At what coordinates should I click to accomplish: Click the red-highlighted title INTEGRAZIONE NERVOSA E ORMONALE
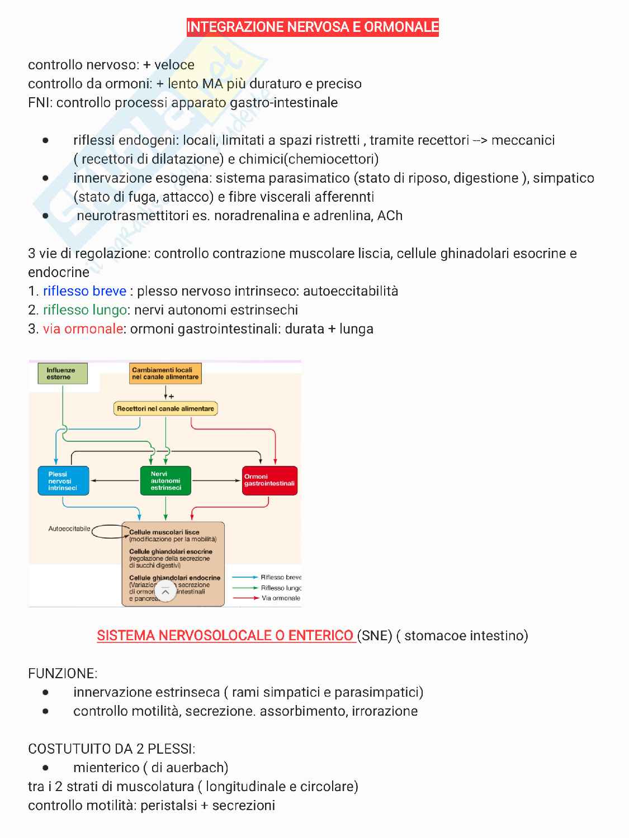[313, 27]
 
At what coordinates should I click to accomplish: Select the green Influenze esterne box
[63, 374]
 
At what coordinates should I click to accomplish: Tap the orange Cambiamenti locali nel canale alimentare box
[165, 374]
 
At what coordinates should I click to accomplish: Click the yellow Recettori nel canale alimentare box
[165, 409]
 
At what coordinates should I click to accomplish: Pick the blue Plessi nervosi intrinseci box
[62, 481]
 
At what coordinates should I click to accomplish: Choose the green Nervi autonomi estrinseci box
[165, 481]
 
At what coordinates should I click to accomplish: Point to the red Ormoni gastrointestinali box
[269, 481]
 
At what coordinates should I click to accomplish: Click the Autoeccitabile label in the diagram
[69, 528]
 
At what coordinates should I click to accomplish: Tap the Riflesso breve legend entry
[281, 577]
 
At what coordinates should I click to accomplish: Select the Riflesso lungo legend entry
[281, 588]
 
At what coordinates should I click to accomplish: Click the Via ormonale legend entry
[281, 598]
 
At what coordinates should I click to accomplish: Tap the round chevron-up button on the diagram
[165, 592]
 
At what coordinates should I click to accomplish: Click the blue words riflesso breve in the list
[84, 291]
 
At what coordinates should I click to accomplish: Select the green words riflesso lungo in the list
[84, 310]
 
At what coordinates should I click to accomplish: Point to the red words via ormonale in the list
[83, 329]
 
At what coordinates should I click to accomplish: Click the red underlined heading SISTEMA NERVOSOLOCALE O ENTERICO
[226, 636]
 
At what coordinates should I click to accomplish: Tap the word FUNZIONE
[62, 674]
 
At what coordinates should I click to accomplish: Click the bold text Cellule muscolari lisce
[164, 532]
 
